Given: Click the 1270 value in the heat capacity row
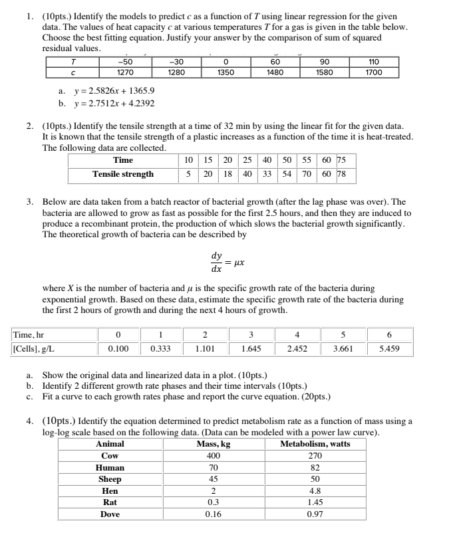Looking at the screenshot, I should (x=123, y=72).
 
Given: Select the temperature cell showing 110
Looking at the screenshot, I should (x=374, y=62).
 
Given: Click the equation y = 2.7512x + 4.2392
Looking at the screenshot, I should (x=106, y=103).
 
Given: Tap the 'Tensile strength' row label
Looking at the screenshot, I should (x=123, y=174).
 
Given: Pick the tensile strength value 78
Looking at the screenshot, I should (x=342, y=174).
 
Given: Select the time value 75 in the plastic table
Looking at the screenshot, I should (x=342, y=160).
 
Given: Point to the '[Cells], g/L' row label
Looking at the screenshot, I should (x=36, y=348).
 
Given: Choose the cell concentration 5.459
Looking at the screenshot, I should (x=388, y=348).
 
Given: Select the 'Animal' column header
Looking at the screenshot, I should (x=110, y=444).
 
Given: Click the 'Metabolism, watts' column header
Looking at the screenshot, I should (x=315, y=444).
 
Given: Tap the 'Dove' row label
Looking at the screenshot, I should (x=110, y=514).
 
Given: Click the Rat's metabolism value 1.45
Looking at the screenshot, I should (x=315, y=503).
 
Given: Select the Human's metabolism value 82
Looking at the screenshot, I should (x=315, y=468).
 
